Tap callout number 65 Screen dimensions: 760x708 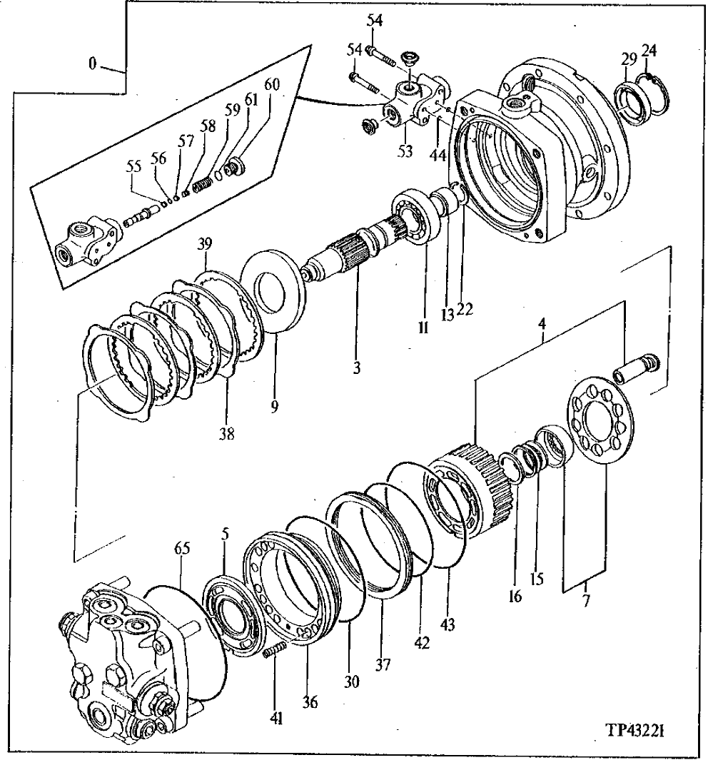[183, 549]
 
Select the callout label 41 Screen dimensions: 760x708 [276, 719]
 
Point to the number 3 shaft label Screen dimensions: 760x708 [356, 369]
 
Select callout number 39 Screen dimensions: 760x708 [206, 245]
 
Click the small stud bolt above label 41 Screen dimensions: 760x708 [274, 652]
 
